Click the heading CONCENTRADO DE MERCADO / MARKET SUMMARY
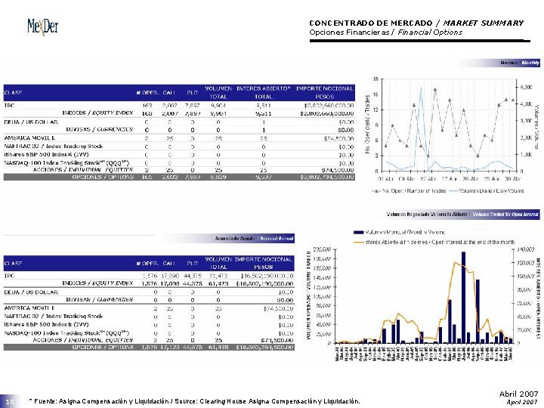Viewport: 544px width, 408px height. coord(416,23)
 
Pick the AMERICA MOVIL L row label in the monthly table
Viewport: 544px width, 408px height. coord(29,138)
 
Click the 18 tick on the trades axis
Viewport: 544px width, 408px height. coord(376,79)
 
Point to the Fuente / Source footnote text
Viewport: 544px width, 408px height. coord(193,400)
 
